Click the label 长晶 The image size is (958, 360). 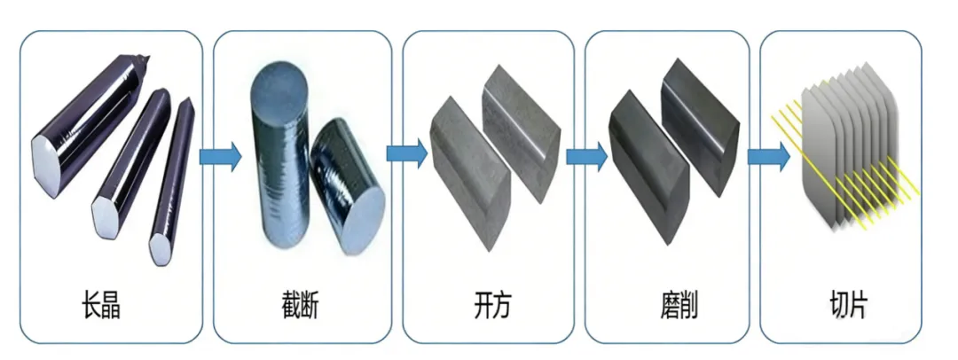(100, 307)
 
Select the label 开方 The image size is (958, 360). (491, 307)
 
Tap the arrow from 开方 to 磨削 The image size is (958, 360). (585, 156)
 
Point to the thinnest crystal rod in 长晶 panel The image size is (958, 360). (174, 177)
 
